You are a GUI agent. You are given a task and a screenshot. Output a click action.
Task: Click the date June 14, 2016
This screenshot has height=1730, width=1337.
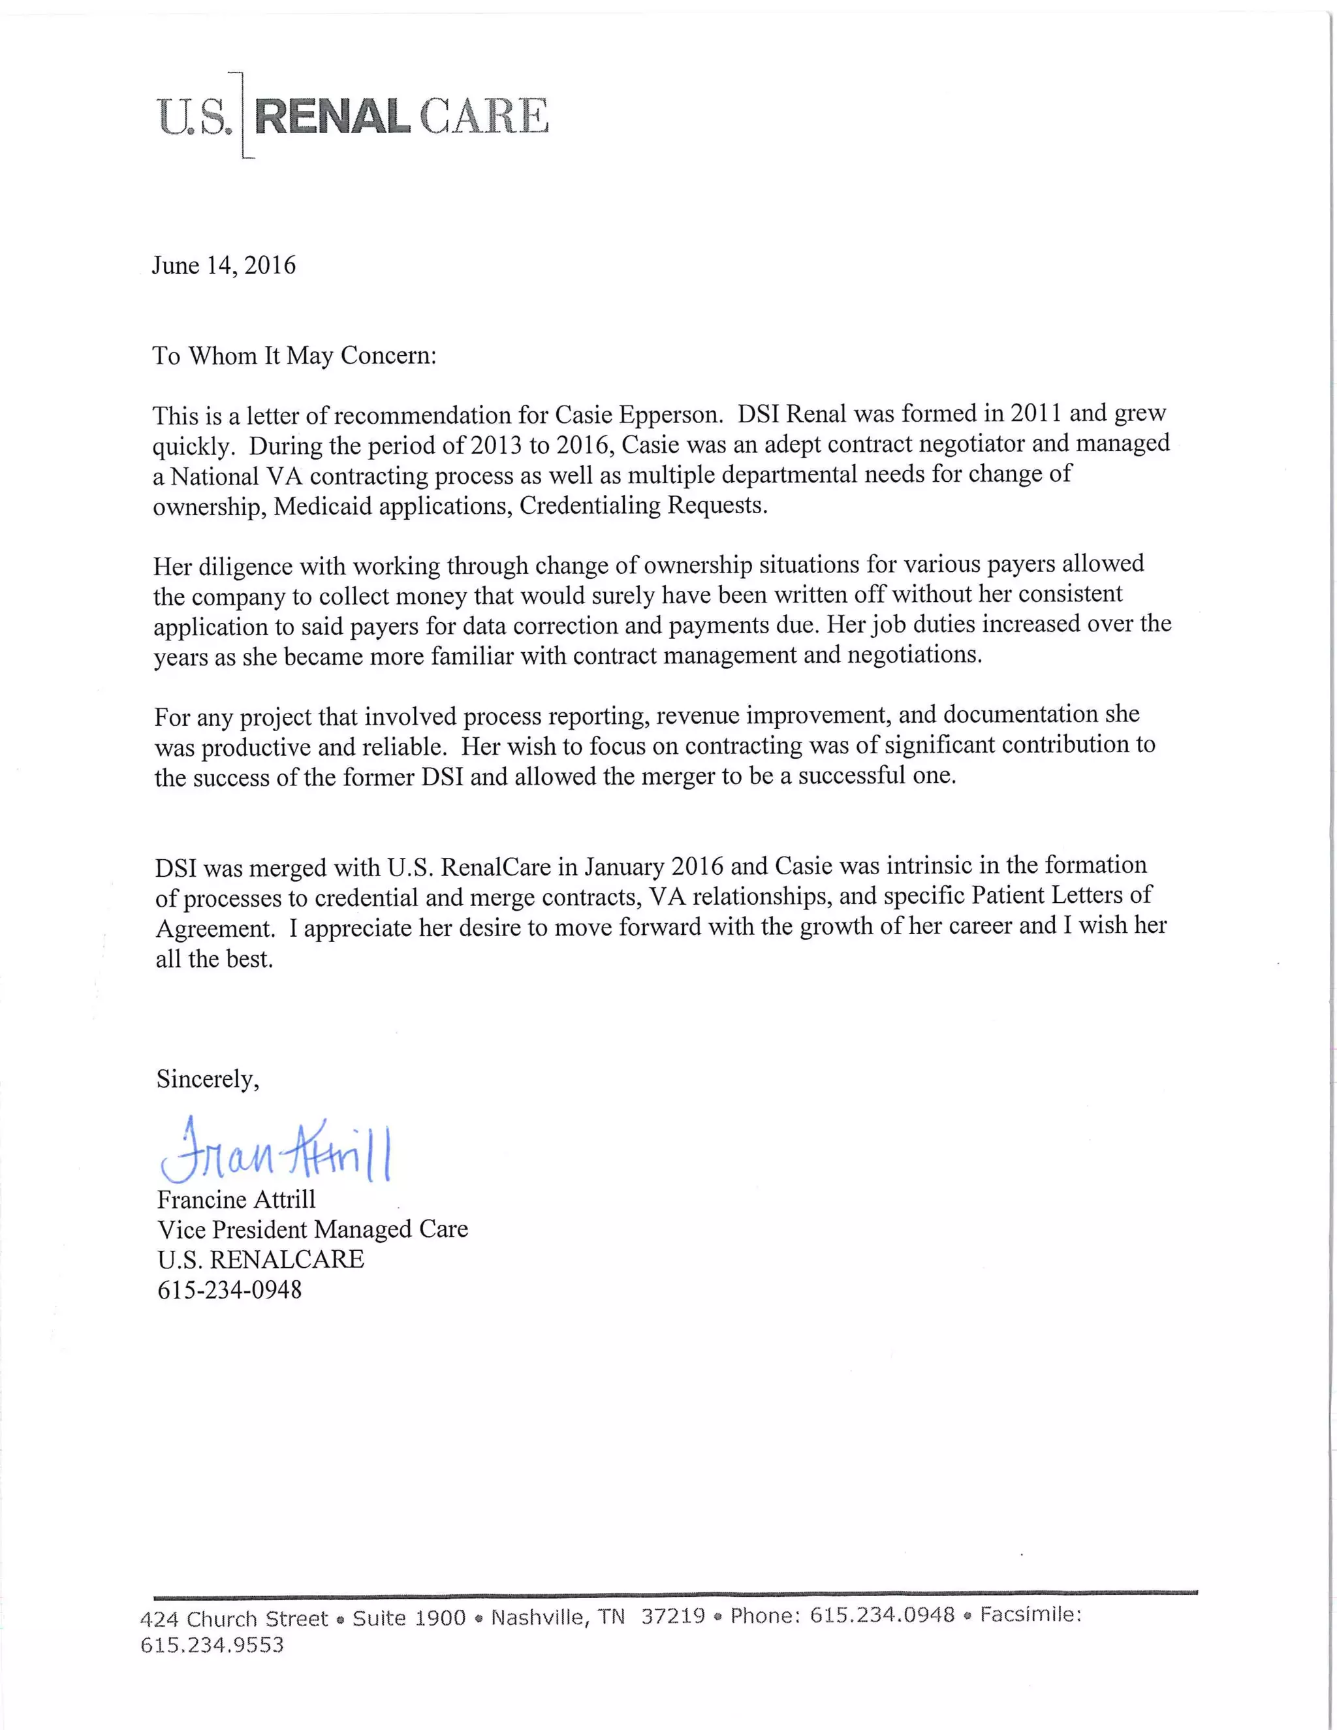pyautogui.click(x=223, y=265)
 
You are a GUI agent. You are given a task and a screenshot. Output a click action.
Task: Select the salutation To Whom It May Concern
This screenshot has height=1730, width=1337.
pyautogui.click(x=294, y=356)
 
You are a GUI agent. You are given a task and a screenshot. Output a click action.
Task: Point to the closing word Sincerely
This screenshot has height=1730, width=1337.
pyautogui.click(x=208, y=1079)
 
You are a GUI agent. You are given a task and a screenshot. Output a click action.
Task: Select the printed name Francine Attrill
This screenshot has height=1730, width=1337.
pyautogui.click(x=236, y=1199)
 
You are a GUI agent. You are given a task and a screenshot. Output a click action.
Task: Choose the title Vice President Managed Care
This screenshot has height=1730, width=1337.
pyautogui.click(x=312, y=1229)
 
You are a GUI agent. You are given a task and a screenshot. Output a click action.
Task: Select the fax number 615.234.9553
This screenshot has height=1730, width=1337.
pyautogui.click(x=212, y=1645)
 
